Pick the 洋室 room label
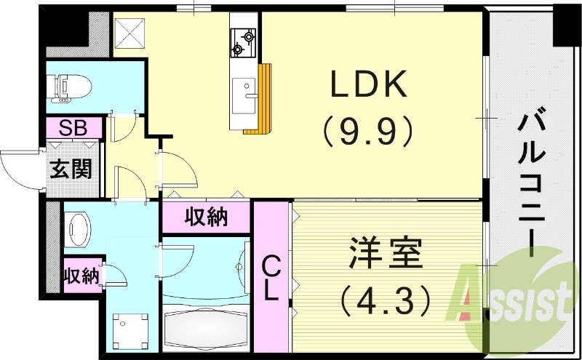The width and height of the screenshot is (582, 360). tap(384, 256)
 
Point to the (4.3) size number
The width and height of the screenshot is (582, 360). tap(384, 297)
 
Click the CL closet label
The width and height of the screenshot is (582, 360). tap(271, 279)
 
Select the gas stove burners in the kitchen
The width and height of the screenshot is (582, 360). tap(243, 41)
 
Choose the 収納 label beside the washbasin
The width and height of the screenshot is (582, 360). tap(79, 276)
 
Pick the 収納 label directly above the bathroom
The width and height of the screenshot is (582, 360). tap(207, 217)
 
